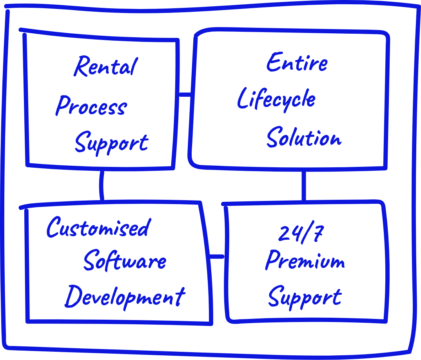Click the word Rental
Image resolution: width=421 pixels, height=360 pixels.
[105, 67]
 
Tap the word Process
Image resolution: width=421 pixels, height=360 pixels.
[91, 106]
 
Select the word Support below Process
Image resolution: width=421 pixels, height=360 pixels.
[111, 143]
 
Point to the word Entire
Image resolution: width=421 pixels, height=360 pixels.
[297, 63]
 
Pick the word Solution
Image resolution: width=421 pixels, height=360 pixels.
[304, 137]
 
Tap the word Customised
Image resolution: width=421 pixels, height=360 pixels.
[98, 227]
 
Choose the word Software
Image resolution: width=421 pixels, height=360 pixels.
[125, 261]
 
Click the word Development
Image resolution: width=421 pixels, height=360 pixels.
[125, 297]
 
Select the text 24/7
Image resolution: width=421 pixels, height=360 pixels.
[301, 234]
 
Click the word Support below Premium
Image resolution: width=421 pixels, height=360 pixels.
[305, 298]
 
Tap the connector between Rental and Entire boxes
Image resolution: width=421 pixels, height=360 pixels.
[185, 94]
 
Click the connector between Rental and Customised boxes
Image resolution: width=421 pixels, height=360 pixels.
[102, 185]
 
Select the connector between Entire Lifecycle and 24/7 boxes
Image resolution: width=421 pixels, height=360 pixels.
[304, 186]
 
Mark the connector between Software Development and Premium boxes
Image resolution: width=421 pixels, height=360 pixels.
[217, 257]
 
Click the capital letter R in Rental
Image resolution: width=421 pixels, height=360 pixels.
[81, 67]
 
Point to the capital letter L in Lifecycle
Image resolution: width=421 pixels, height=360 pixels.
[243, 99]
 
